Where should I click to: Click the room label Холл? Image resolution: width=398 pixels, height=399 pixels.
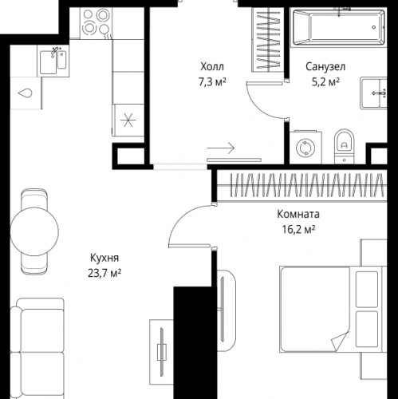[x=212, y=66]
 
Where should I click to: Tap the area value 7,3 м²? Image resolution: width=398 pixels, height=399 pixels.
[x=212, y=82]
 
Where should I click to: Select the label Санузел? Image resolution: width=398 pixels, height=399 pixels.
[x=325, y=66]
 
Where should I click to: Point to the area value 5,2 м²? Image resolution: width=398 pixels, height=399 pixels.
[x=325, y=82]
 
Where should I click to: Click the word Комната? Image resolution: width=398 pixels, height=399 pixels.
[x=298, y=214]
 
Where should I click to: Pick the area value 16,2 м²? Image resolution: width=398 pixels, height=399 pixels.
[x=298, y=229]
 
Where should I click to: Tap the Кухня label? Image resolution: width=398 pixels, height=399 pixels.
[x=104, y=258]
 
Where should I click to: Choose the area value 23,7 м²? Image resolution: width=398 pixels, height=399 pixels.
[x=104, y=273]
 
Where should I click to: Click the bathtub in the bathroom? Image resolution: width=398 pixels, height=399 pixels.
[x=339, y=27]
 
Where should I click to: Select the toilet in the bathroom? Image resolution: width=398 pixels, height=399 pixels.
[x=345, y=146]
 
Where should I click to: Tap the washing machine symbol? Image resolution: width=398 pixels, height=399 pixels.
[x=305, y=147]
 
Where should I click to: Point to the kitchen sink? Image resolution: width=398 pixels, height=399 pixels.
[x=53, y=61]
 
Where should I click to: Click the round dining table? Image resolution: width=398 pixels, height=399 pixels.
[x=34, y=231]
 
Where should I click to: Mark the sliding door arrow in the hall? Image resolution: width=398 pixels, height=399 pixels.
[x=221, y=148]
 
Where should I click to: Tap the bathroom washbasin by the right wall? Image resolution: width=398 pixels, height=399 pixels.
[x=373, y=93]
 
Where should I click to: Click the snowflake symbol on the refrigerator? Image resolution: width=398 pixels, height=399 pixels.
[x=128, y=120]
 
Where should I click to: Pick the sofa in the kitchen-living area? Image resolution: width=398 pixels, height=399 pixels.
[x=37, y=349]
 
